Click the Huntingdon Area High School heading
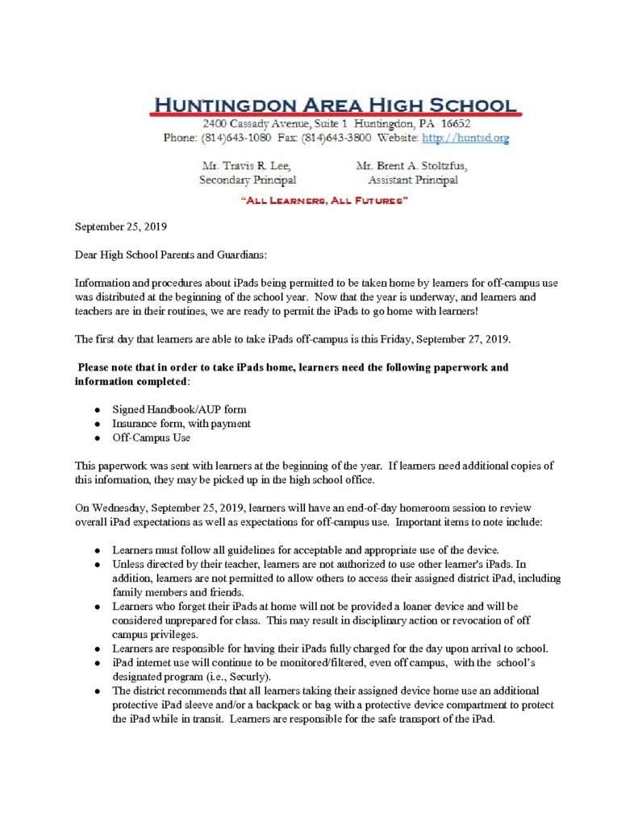[x=335, y=104]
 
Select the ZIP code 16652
[x=447, y=125]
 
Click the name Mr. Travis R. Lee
[x=245, y=166]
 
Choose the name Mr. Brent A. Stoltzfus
[x=411, y=166]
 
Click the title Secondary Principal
[x=247, y=180]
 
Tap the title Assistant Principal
[x=412, y=180]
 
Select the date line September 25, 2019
[x=119, y=228]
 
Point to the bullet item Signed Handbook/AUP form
[x=179, y=409]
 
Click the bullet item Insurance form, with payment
[x=181, y=423]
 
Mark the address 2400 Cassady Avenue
[x=254, y=125]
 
